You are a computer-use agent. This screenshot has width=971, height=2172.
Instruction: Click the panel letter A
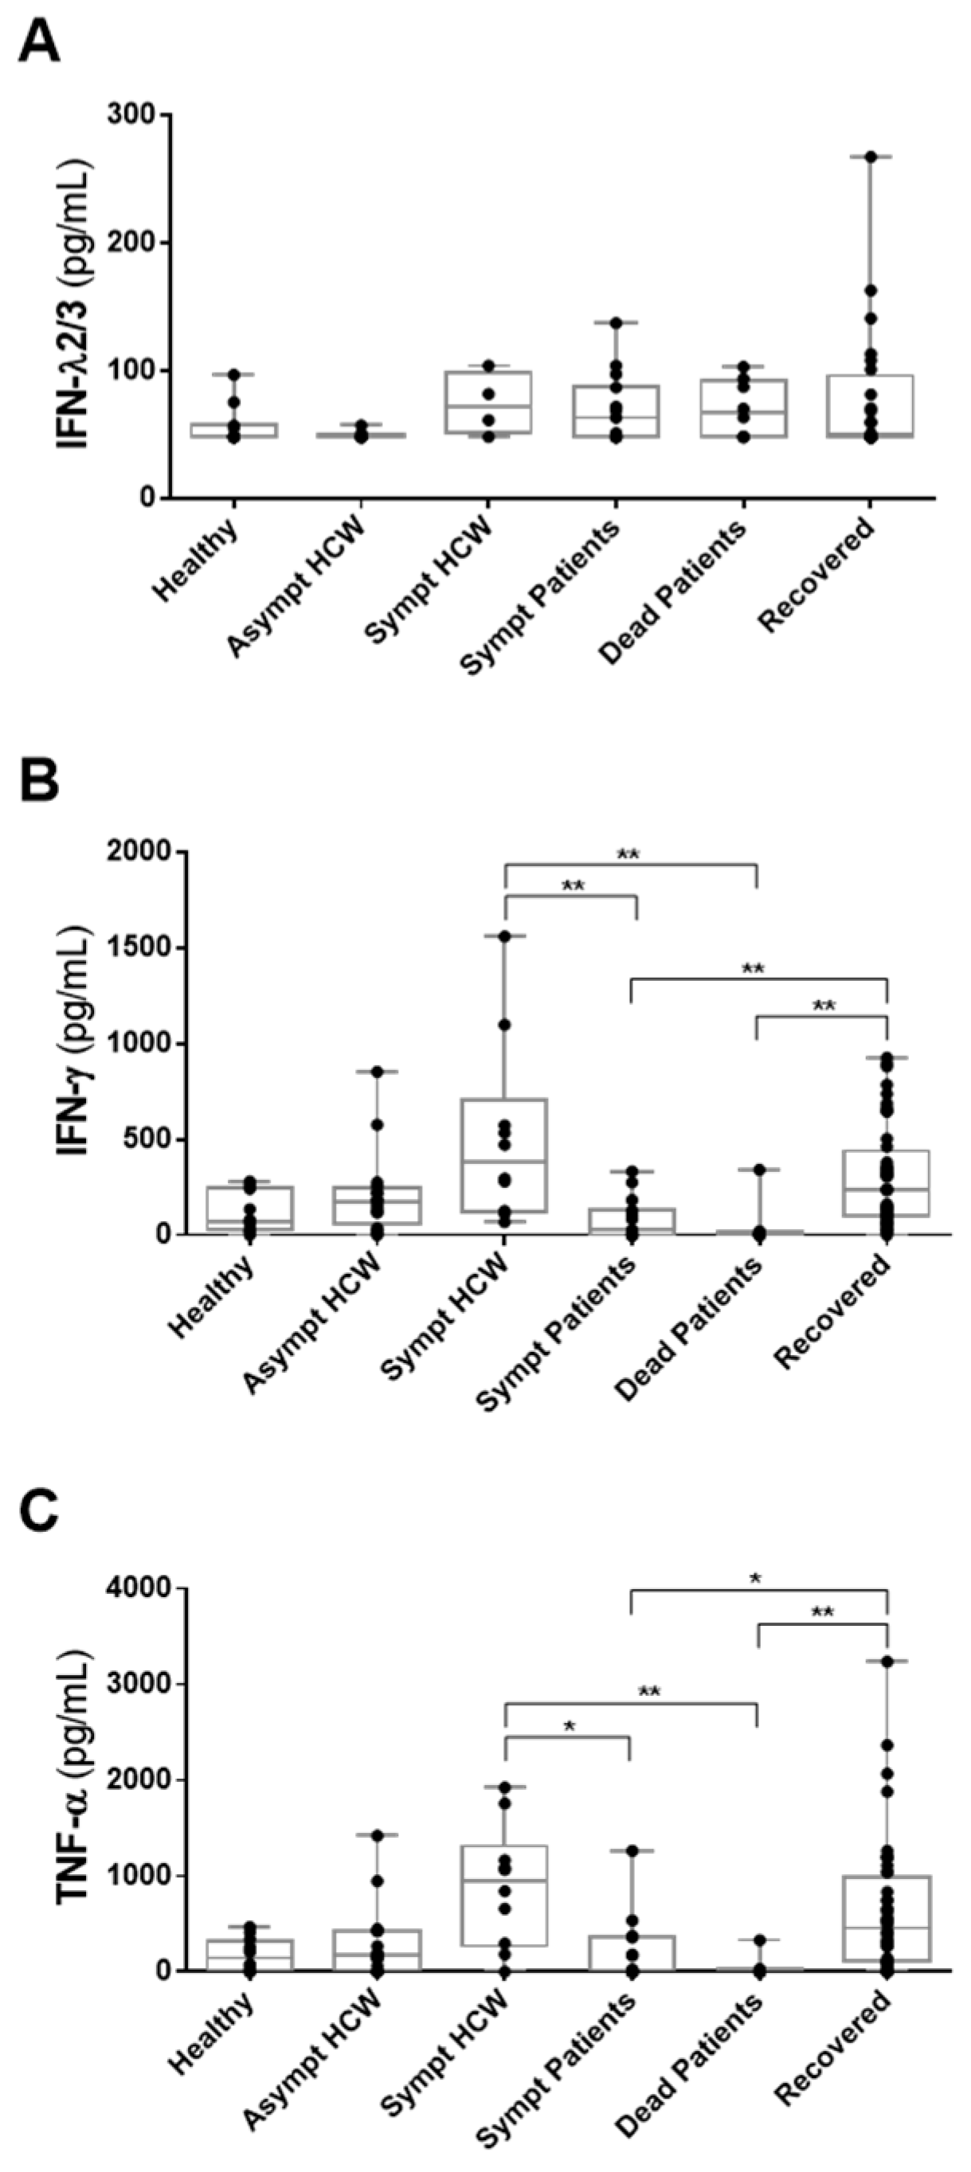pos(39,42)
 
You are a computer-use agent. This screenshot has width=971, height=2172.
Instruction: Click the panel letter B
pos(39,782)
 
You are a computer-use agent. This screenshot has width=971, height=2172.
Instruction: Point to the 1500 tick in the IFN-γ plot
pos(139,947)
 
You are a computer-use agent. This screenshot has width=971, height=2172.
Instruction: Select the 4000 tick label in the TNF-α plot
pos(139,1589)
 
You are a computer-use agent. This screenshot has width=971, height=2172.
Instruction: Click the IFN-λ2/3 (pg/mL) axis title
pos(74,303)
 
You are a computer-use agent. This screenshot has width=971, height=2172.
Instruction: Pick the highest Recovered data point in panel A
pos(871,157)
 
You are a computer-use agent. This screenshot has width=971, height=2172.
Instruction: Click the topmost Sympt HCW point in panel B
pos(504,936)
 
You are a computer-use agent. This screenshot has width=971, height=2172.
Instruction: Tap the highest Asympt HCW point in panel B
pos(377,1072)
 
